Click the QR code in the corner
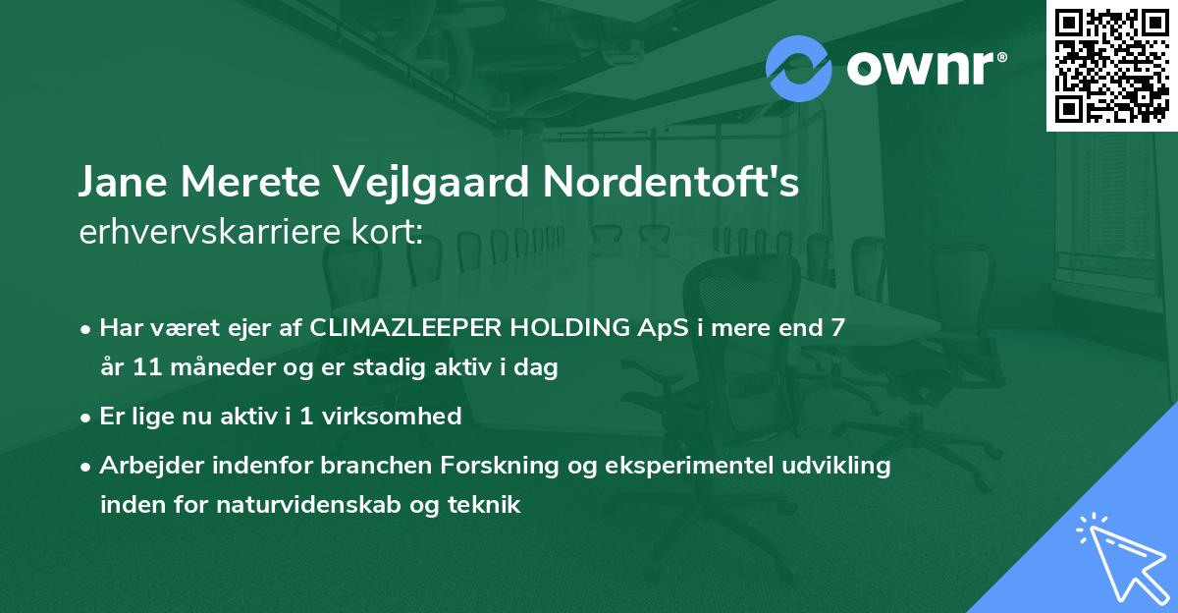coord(1111,66)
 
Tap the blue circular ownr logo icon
coord(799,68)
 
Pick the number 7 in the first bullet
coord(836,328)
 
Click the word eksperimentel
coord(705,466)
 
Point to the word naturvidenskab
coord(326,505)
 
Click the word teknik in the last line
coord(485,505)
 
